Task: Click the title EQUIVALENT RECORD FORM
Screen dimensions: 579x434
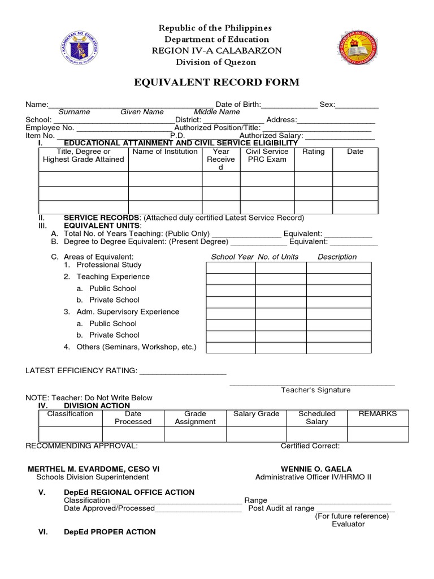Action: click(x=216, y=83)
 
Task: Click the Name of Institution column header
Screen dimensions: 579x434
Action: click(x=165, y=152)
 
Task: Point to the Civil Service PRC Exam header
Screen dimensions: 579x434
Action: click(x=267, y=155)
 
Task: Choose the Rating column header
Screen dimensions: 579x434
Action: click(x=313, y=152)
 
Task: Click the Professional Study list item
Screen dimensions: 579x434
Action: click(x=108, y=265)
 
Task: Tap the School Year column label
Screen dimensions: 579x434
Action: click(x=232, y=257)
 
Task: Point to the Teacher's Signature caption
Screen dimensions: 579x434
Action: click(x=315, y=390)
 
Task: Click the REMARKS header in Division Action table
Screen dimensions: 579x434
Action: click(x=377, y=414)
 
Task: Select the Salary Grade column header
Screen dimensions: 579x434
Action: click(x=257, y=414)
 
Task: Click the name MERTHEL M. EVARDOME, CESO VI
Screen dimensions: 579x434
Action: click(x=97, y=469)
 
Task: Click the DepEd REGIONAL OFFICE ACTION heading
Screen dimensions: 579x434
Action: click(x=129, y=492)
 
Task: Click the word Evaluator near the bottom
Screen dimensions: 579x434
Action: click(x=348, y=524)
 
